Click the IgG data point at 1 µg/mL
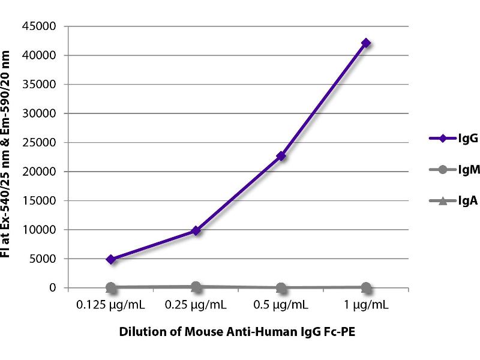[x=366, y=43]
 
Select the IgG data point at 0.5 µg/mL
[x=281, y=157]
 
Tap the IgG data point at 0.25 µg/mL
[x=196, y=230]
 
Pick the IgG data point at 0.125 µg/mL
[x=110, y=259]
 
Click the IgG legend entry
[x=447, y=138]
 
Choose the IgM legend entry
[x=447, y=169]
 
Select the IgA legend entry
[x=447, y=200]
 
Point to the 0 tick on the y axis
[x=53, y=288]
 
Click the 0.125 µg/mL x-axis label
[x=110, y=305]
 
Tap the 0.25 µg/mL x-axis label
[x=196, y=305]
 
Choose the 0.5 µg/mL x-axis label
[x=281, y=305]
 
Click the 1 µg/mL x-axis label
[x=366, y=305]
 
